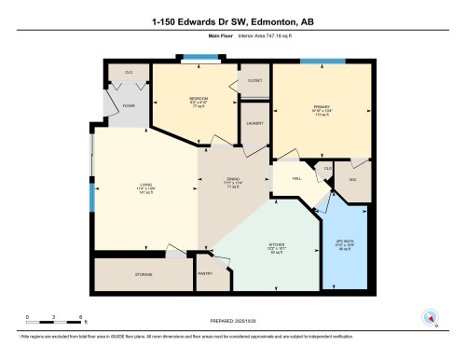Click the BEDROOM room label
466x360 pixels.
click(198, 99)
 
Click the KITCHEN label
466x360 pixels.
click(275, 246)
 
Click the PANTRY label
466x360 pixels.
click(206, 274)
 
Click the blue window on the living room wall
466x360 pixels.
click(91, 198)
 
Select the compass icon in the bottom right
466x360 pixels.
click(431, 317)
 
